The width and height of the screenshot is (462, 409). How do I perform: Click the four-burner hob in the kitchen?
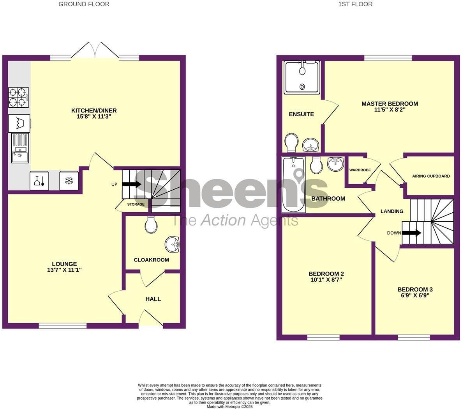[19, 98]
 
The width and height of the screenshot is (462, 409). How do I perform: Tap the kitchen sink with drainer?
[20, 148]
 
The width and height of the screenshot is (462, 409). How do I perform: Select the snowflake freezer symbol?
[69, 181]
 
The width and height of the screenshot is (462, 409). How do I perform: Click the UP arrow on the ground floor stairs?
[132, 184]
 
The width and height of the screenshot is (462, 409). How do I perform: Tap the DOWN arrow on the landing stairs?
[412, 233]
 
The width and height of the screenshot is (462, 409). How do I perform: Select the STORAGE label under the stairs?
[136, 204]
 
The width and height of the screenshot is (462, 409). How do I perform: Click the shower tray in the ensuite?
[302, 78]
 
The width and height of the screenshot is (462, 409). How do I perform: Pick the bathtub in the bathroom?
[293, 185]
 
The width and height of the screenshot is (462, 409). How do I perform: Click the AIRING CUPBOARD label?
[431, 176]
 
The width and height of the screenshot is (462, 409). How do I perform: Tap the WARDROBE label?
[360, 170]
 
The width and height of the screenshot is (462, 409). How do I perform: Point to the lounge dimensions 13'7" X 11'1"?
[64, 270]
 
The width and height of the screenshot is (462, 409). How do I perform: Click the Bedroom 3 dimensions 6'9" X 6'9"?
[415, 295]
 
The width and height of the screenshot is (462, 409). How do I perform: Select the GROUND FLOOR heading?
[84, 4]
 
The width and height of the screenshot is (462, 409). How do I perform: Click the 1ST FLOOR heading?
[355, 4]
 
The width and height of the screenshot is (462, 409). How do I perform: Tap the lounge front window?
[63, 326]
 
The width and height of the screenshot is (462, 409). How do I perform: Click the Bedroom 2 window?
[324, 338]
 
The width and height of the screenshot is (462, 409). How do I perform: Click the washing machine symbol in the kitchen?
[19, 123]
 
